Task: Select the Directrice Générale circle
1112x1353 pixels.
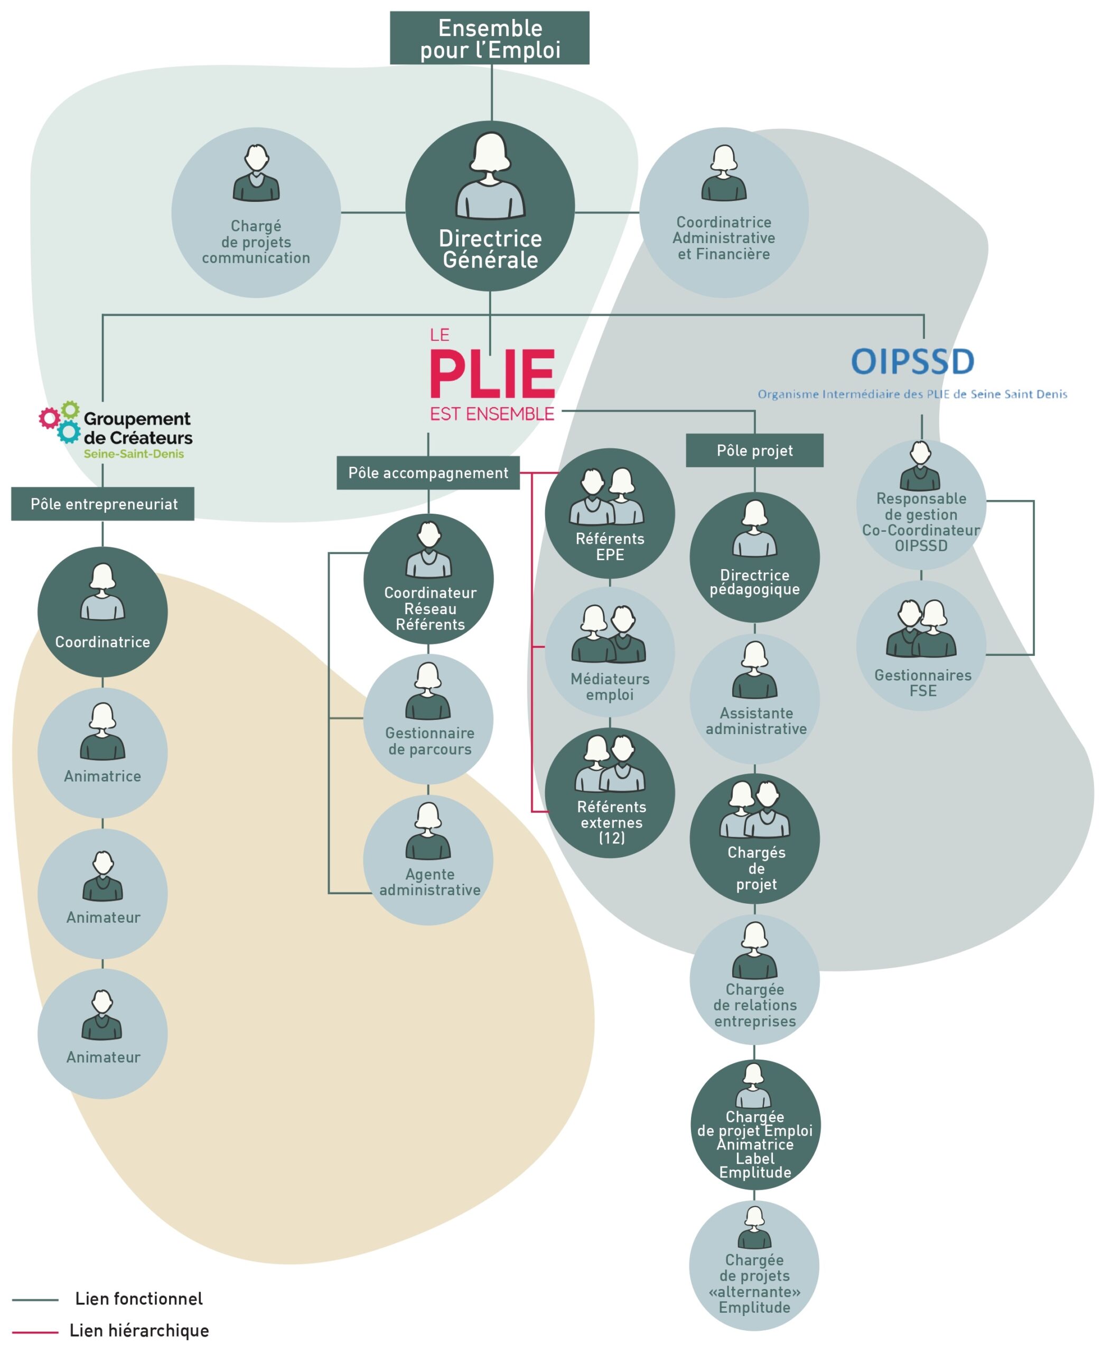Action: [x=490, y=206]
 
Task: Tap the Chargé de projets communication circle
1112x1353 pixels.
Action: [x=256, y=212]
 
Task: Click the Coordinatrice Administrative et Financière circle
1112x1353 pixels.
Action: [x=724, y=212]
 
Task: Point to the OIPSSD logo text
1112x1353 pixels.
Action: [x=912, y=362]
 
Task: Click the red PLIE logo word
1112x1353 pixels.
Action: [x=492, y=375]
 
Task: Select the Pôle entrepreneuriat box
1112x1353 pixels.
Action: [x=102, y=504]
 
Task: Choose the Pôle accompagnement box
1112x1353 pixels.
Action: [x=428, y=473]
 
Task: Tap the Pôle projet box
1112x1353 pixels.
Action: [x=754, y=451]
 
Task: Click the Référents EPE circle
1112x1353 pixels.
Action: [x=610, y=513]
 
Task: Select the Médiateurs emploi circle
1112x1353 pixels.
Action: [x=610, y=652]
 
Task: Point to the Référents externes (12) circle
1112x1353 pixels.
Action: [x=610, y=793]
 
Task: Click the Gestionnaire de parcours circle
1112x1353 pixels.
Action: [x=428, y=718]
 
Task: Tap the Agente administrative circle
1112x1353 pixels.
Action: [x=428, y=859]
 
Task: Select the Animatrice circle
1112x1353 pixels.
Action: [x=102, y=753]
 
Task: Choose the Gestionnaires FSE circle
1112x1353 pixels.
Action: [x=921, y=645]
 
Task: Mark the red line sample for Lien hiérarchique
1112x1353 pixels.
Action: [x=35, y=1332]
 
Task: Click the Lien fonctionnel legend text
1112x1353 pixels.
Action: [x=139, y=1299]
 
